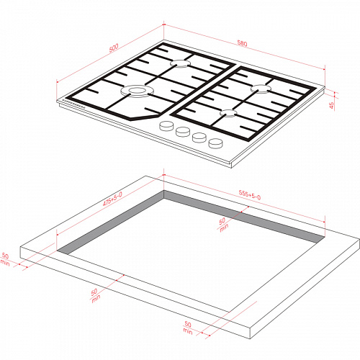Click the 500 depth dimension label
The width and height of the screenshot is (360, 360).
point(114,48)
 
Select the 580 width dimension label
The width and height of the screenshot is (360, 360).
point(242,43)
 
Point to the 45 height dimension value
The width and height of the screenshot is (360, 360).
point(331,105)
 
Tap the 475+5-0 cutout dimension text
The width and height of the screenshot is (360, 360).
point(112,199)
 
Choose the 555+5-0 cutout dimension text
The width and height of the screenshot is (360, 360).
point(250,195)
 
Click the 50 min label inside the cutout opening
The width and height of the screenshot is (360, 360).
point(223,225)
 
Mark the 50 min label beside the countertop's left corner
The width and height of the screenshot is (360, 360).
point(5,259)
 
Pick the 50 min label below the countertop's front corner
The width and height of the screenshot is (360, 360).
point(188,328)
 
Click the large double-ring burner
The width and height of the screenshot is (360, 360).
point(137,91)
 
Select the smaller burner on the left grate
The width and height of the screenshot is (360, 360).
point(181,63)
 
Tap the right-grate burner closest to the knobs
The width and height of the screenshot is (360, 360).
point(229,113)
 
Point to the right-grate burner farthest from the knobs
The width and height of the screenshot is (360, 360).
point(261,89)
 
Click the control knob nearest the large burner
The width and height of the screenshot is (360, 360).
point(166,126)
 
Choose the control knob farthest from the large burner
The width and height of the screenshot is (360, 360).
point(215,143)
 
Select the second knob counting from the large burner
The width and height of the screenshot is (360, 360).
point(183,131)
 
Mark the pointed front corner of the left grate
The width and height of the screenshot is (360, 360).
point(130,120)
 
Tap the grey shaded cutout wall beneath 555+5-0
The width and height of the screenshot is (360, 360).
point(243,216)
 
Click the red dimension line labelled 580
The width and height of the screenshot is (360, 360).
point(244,47)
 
